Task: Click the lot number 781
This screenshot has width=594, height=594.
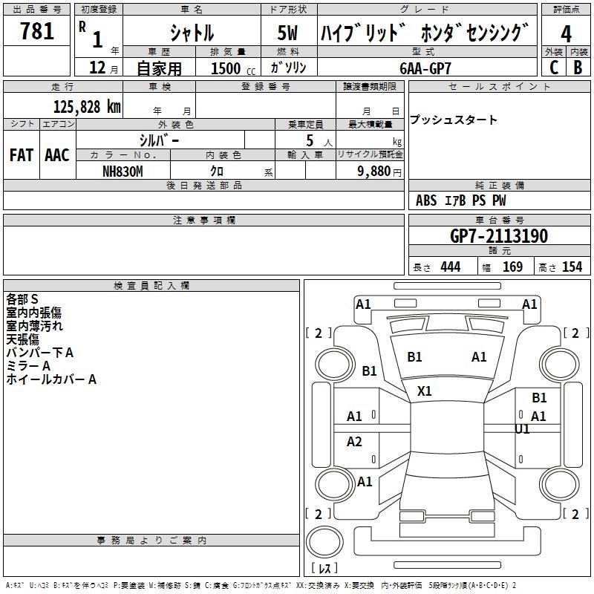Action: coord(37,32)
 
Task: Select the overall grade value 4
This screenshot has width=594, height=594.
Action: coord(567,33)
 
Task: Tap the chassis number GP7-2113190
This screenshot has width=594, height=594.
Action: coord(499,236)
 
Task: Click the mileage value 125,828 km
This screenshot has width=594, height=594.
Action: coord(86,106)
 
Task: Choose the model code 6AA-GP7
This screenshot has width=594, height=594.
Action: coord(425,67)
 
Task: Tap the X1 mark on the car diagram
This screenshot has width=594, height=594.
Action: coord(425,391)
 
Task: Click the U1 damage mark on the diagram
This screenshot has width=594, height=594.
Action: coord(522,429)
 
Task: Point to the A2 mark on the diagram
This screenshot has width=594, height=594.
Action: coord(355,442)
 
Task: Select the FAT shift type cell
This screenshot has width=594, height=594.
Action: coord(21,155)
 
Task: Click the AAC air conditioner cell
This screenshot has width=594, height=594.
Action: coord(56,155)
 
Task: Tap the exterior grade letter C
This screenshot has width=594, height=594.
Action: coord(554,67)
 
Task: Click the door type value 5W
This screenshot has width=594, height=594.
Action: coord(289,34)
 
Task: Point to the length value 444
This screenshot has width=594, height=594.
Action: coord(450,267)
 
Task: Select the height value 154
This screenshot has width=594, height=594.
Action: coord(572,267)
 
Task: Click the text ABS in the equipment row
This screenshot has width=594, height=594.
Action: coord(426,200)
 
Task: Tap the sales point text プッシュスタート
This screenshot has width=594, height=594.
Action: coord(454,120)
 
